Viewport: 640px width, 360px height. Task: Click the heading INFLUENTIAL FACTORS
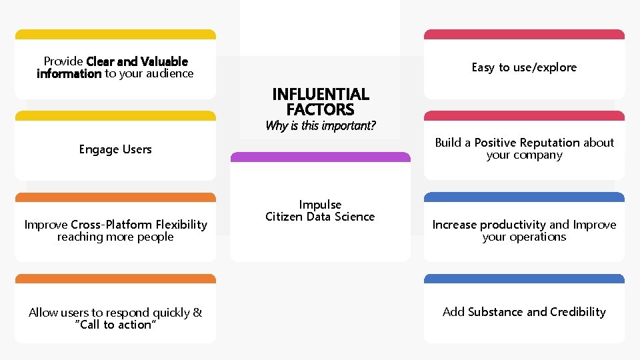(x=320, y=101)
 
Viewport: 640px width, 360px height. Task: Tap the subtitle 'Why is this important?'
(x=320, y=125)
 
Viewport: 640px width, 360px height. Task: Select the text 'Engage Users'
(x=115, y=149)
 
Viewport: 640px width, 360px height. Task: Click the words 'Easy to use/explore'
(x=524, y=67)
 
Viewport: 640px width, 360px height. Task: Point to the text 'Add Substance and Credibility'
(x=524, y=312)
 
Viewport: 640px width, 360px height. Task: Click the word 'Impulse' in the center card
(x=320, y=205)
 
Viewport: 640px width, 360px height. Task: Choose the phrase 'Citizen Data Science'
(x=320, y=217)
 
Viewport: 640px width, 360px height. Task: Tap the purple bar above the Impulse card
(x=320, y=157)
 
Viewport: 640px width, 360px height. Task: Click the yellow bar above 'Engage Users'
(x=115, y=116)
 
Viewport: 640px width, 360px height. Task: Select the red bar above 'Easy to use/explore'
(x=524, y=34)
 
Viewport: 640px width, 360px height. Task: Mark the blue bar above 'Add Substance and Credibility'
(x=524, y=279)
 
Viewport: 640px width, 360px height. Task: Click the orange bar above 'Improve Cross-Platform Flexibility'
(x=115, y=197)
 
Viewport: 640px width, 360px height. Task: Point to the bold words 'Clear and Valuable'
(x=137, y=61)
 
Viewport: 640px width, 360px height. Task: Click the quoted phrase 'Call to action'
(x=115, y=325)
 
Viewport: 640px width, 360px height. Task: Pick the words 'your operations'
(x=524, y=237)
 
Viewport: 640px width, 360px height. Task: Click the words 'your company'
(x=524, y=155)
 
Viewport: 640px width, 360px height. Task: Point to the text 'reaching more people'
(x=115, y=237)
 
